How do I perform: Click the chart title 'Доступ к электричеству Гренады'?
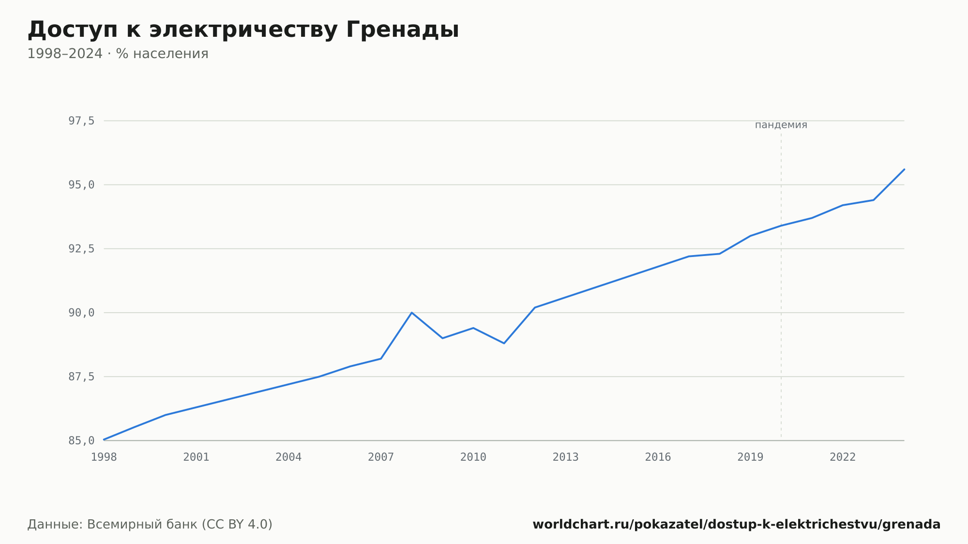(x=243, y=30)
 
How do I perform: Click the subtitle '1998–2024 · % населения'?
(x=118, y=54)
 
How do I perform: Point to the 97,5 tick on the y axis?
(x=81, y=121)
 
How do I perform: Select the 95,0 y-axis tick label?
(x=81, y=185)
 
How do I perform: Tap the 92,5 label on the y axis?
(x=81, y=249)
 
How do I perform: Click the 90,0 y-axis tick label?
(x=81, y=313)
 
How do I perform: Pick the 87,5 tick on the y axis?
(x=81, y=377)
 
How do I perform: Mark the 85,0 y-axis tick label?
(x=81, y=440)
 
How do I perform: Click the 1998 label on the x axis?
(x=104, y=457)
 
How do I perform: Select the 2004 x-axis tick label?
(x=288, y=457)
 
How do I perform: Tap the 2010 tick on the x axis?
(x=473, y=457)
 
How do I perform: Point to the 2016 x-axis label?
(x=658, y=457)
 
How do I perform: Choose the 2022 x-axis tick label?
(x=843, y=457)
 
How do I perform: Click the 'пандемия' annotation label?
(x=781, y=125)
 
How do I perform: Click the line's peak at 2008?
(x=412, y=313)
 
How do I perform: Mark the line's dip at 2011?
(x=504, y=343)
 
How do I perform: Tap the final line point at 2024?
(x=904, y=169)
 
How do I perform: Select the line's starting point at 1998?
(x=104, y=439)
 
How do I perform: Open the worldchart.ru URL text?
(x=737, y=525)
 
